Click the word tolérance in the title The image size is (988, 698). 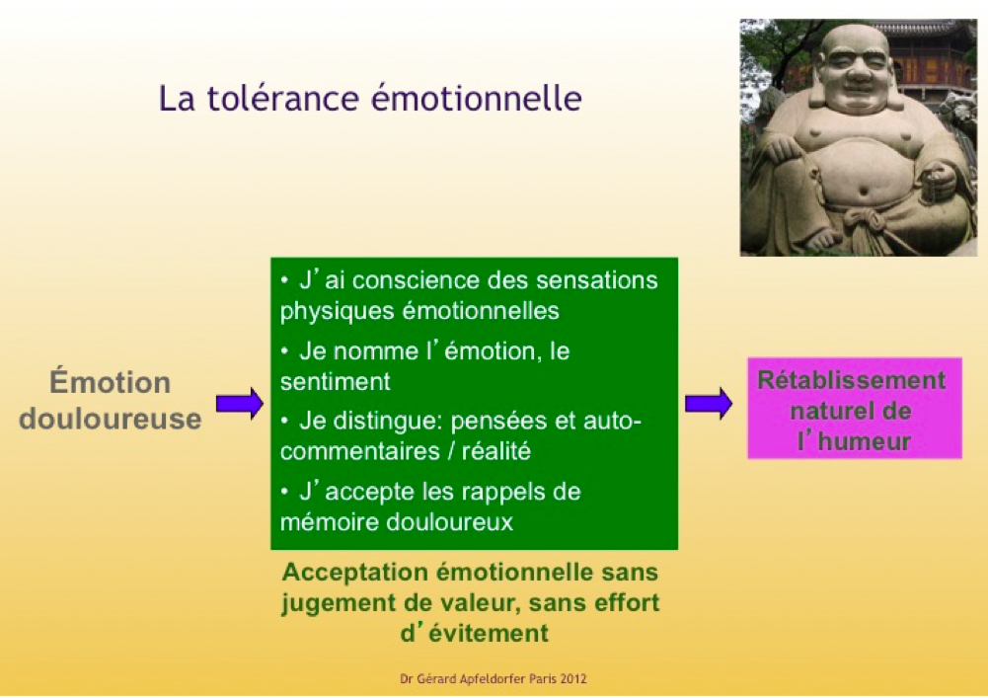[x=283, y=99]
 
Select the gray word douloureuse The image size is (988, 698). [x=111, y=419]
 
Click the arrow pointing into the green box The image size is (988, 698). [x=240, y=404]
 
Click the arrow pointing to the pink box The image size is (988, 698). [x=709, y=404]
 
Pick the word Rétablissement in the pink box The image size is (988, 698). [x=851, y=380]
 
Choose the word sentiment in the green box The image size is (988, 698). [x=336, y=382]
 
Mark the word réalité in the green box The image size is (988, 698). [x=496, y=451]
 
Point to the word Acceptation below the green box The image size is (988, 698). [x=355, y=573]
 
